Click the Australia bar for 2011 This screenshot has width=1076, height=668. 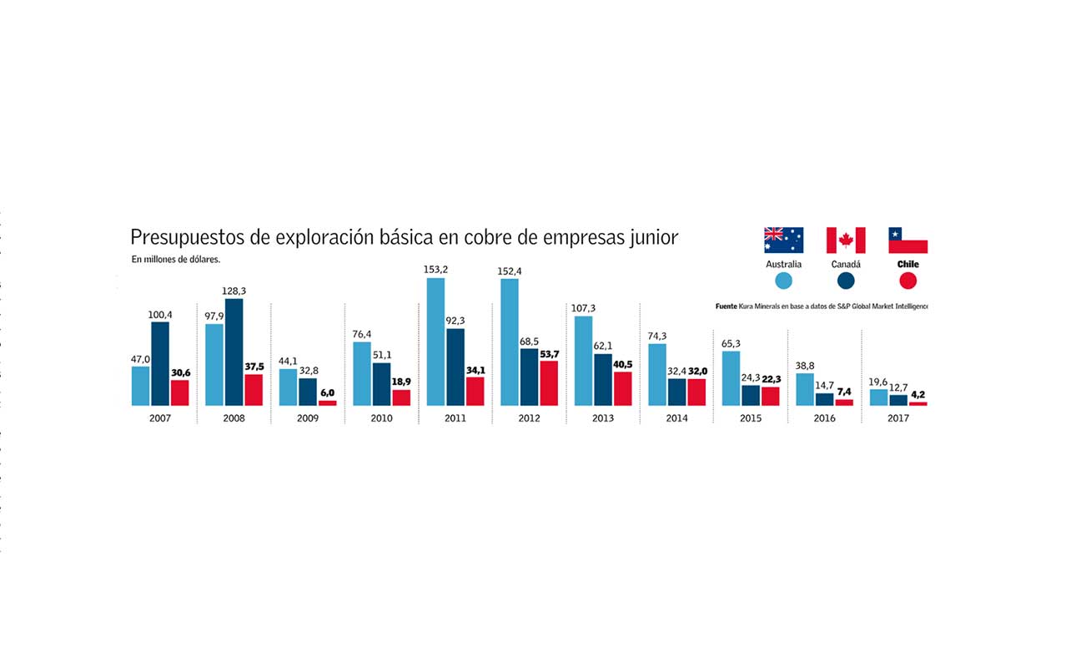(435, 342)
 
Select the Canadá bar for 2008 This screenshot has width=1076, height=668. (234, 352)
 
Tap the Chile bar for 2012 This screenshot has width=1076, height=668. (549, 383)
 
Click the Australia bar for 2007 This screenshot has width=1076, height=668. (140, 386)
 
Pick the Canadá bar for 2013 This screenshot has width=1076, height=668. (603, 380)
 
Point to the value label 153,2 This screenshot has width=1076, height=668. (435, 270)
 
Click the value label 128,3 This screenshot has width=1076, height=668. (234, 291)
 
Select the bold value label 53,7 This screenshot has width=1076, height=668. (549, 354)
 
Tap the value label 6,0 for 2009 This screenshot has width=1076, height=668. (327, 392)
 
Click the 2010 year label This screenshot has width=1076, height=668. (382, 417)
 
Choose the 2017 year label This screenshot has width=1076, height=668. (898, 417)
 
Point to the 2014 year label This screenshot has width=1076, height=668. (677, 417)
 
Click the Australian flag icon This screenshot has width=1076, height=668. (783, 240)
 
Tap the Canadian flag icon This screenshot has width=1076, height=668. (846, 240)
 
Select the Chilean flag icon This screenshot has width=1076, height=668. (908, 240)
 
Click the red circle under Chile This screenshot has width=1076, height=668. (908, 281)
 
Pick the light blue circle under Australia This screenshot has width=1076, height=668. (783, 281)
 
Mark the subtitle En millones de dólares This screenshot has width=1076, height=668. (175, 260)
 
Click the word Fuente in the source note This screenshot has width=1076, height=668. (727, 306)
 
